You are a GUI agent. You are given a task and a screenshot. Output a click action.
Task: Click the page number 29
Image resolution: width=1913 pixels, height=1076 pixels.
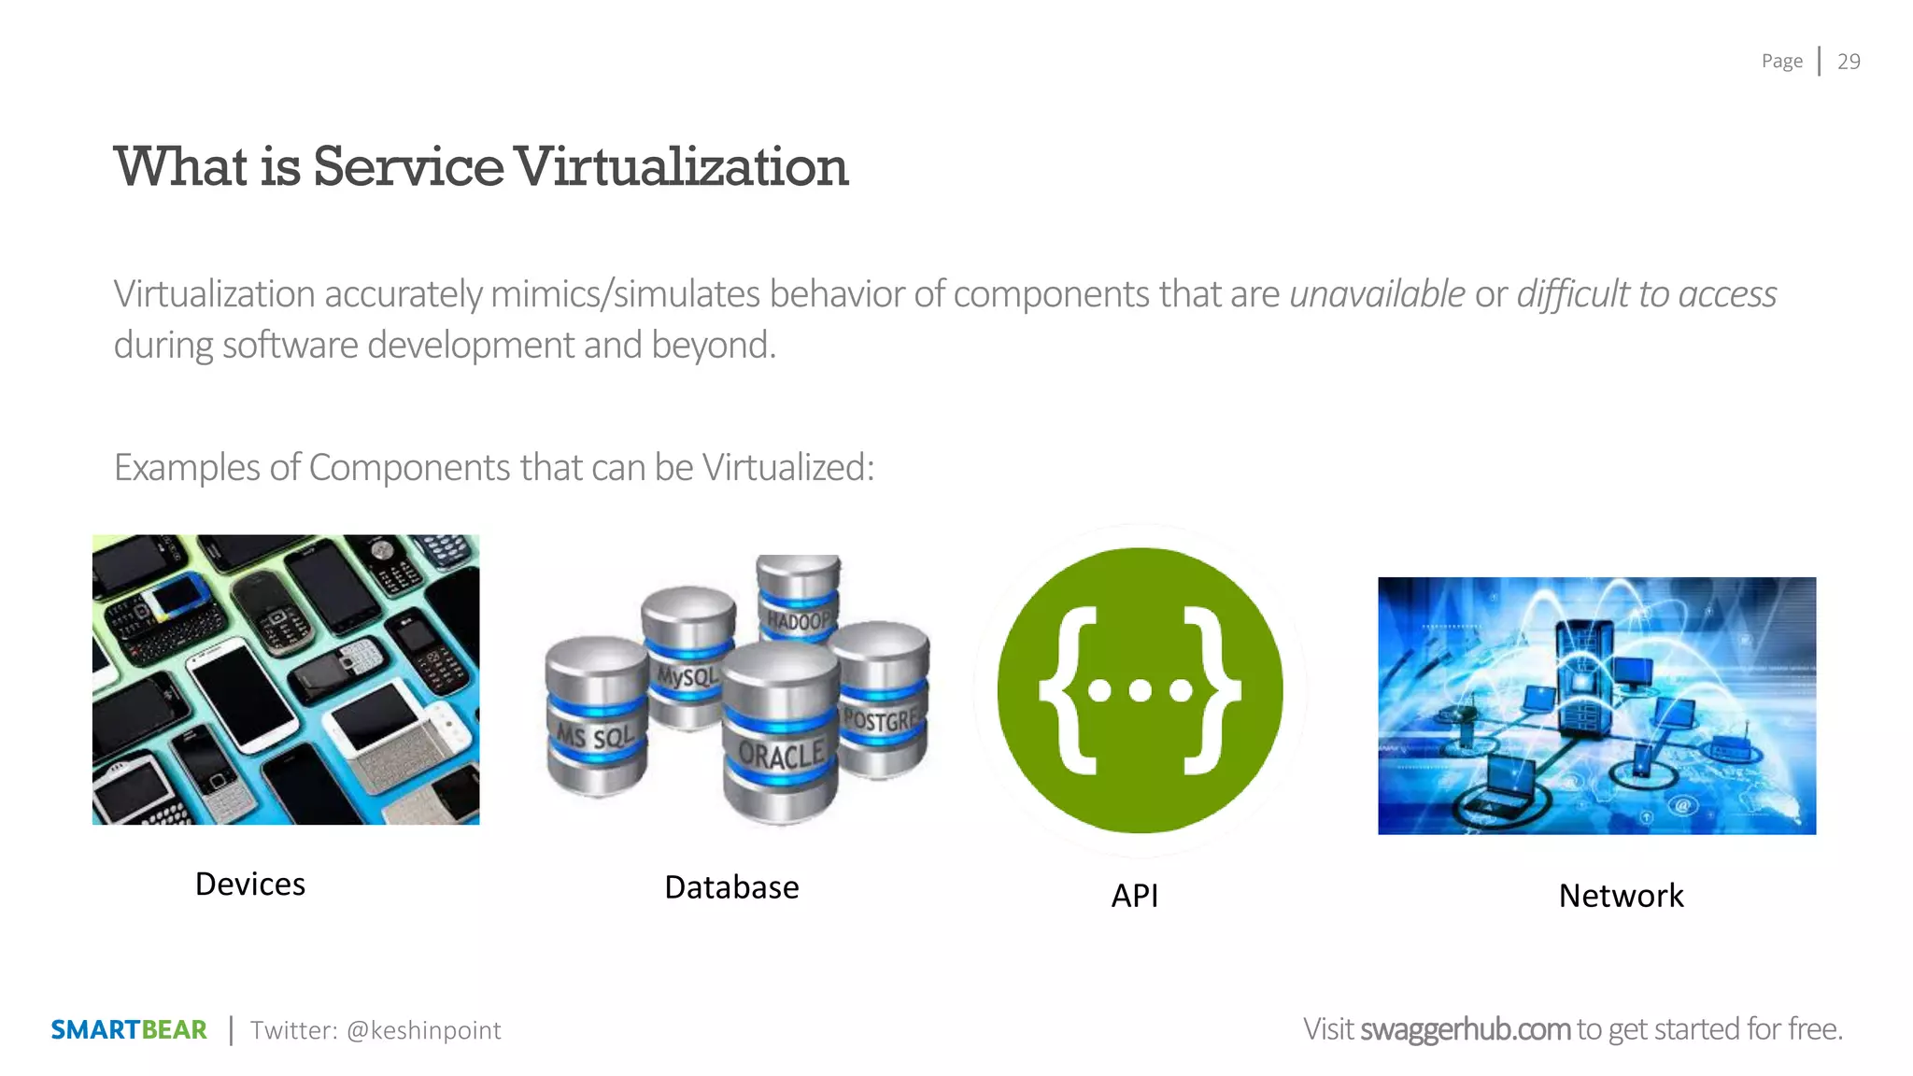tap(1849, 62)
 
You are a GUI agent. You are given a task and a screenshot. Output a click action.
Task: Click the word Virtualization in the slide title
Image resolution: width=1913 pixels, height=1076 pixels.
tap(681, 167)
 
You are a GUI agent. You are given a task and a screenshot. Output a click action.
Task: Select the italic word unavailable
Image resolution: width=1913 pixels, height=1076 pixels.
tap(1377, 294)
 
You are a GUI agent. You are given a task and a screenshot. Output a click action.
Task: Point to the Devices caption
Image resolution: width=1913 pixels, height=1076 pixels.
tap(250, 885)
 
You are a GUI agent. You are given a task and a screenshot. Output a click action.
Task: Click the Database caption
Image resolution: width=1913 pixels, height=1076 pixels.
tap(731, 887)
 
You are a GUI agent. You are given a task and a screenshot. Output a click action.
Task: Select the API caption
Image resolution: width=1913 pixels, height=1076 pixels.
tap(1134, 896)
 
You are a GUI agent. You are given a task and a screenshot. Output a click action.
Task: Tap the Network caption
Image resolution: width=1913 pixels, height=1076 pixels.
tap(1621, 896)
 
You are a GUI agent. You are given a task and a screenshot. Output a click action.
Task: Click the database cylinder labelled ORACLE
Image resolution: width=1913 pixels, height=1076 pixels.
tap(781, 738)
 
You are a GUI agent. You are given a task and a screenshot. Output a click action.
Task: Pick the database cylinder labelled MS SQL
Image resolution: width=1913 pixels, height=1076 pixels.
tap(596, 719)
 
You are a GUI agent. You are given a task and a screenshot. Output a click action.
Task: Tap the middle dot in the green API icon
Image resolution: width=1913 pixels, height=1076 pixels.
tap(1140, 691)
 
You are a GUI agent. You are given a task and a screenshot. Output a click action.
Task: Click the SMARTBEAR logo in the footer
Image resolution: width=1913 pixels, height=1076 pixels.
tap(129, 1030)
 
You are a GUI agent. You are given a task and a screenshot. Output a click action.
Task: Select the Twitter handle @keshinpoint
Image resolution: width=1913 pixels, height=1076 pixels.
tap(423, 1030)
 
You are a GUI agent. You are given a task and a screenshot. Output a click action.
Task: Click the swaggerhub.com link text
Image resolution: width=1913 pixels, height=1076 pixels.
tap(1465, 1029)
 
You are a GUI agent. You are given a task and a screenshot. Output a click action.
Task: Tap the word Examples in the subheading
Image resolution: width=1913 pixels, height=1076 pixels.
tap(187, 468)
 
